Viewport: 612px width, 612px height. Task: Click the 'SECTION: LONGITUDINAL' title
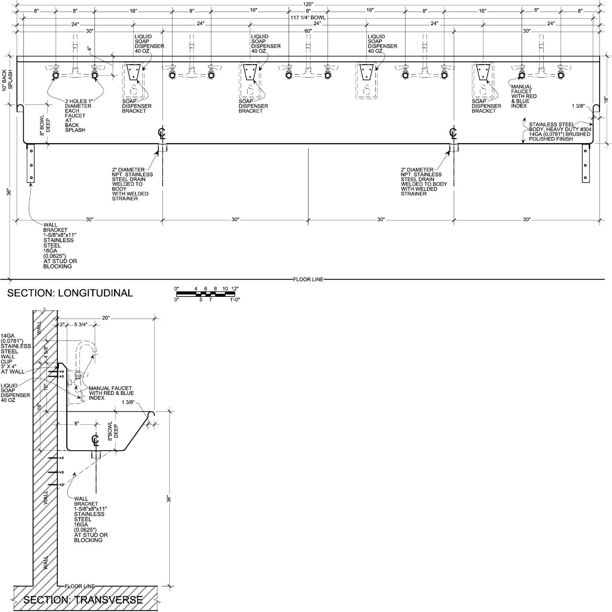point(70,293)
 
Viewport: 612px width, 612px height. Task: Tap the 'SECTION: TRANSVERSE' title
point(83,600)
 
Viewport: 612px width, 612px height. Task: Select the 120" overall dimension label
point(308,4)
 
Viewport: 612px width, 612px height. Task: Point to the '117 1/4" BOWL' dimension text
point(308,18)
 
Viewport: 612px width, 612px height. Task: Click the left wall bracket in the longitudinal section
point(31,163)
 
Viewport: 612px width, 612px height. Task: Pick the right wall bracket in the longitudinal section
point(586,163)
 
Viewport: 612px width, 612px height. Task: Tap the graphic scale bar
point(206,294)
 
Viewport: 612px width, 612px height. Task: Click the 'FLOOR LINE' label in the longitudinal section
point(308,280)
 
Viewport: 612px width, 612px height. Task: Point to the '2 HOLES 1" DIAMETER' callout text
point(78,104)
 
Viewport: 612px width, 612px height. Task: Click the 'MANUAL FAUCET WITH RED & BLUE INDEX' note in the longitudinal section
point(524,96)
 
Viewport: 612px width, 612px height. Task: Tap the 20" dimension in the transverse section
point(106,317)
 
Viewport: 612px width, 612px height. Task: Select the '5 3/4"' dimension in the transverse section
point(81,324)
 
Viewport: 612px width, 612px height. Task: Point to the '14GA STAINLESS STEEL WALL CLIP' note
point(16,354)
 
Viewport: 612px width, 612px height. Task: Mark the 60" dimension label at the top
point(308,31)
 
